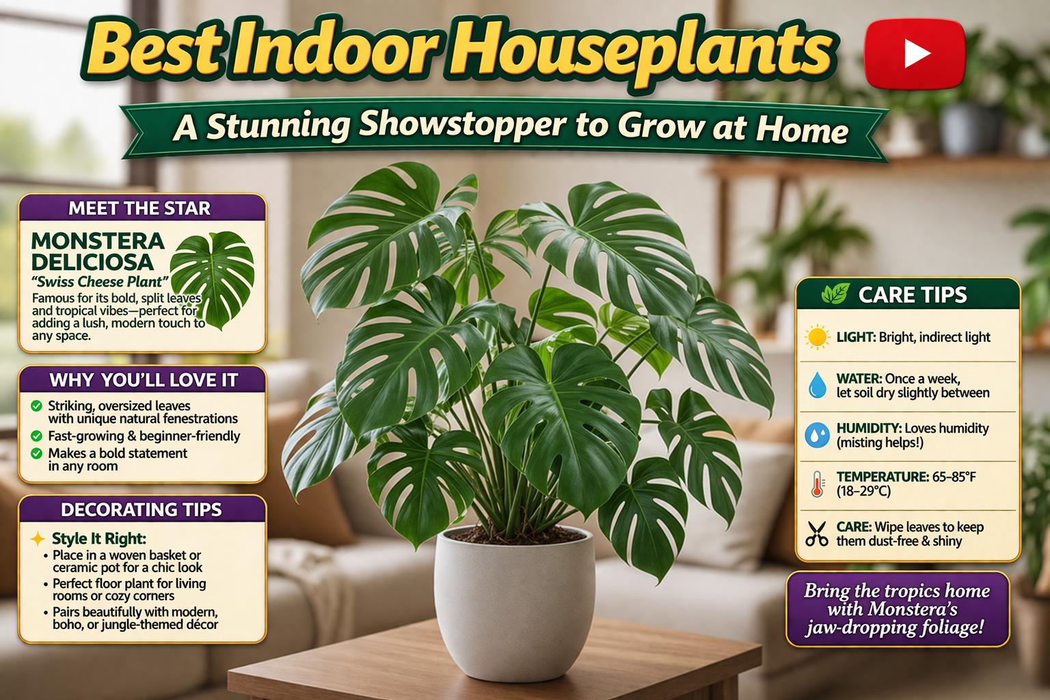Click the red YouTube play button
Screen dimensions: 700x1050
click(x=915, y=54)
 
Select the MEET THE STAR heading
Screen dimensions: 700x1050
click(x=140, y=208)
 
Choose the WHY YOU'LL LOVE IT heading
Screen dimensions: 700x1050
click(x=144, y=380)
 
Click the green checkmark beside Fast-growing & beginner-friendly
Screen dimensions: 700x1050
click(x=37, y=435)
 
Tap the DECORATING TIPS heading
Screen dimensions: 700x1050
click(x=142, y=510)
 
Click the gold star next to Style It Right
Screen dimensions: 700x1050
click(x=38, y=539)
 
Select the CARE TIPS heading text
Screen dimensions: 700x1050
click(x=913, y=295)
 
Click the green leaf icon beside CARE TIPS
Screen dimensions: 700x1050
click(x=835, y=294)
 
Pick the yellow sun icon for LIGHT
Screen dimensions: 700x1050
click(x=817, y=337)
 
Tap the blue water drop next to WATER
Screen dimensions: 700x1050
click(x=817, y=386)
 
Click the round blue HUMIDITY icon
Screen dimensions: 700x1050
click(x=817, y=435)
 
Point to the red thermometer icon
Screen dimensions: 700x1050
click(x=817, y=483)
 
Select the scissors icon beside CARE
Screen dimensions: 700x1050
click(x=817, y=533)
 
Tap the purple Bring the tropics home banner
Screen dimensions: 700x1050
click(x=897, y=609)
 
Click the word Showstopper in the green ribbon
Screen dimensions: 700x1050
click(x=463, y=125)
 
